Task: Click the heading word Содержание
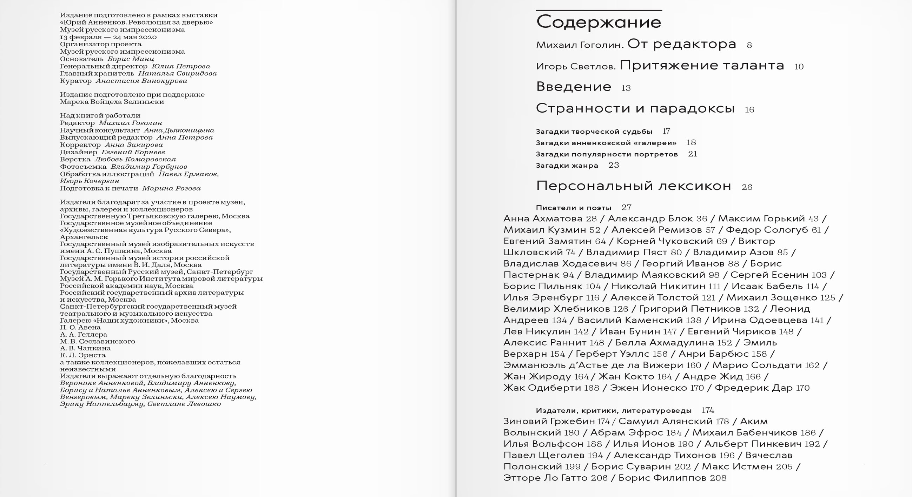[x=598, y=22]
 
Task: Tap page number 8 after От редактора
[x=749, y=45]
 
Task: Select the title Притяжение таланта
[x=702, y=66]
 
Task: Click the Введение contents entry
[x=574, y=87]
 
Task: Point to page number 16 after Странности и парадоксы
[x=749, y=110]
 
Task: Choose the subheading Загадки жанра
[x=567, y=166]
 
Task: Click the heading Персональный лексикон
[x=633, y=186]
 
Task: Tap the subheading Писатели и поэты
[x=574, y=208]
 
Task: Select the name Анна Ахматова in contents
[x=543, y=219]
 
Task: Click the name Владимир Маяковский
[x=645, y=275]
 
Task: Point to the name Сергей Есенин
[x=769, y=275]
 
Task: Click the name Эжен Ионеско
[x=648, y=388]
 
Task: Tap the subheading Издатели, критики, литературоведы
[x=614, y=411]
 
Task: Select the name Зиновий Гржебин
[x=549, y=421]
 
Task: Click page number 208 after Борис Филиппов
[x=718, y=478]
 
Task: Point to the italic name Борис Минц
[x=131, y=59]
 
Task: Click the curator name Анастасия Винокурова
[x=141, y=81]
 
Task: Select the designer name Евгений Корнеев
[x=133, y=152]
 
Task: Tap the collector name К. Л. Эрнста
[x=83, y=355]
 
